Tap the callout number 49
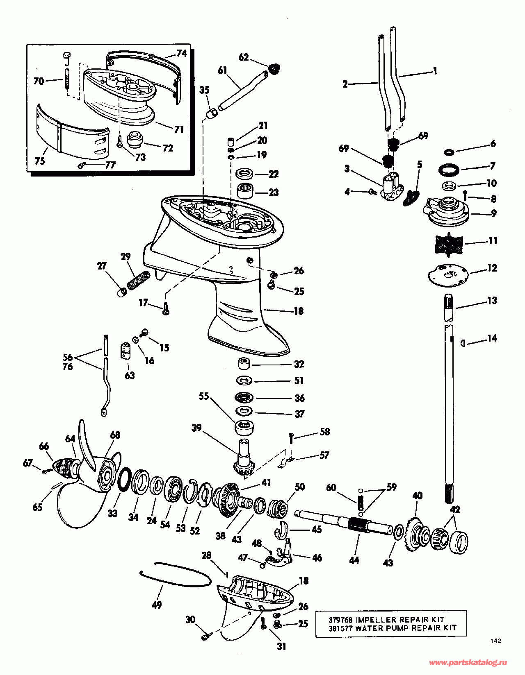[x=157, y=605]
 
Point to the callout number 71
[x=179, y=129]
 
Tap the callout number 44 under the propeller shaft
[x=354, y=560]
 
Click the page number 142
[x=495, y=641]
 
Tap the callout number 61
[x=222, y=70]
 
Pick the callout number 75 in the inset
[x=40, y=161]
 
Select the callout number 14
[x=492, y=338]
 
